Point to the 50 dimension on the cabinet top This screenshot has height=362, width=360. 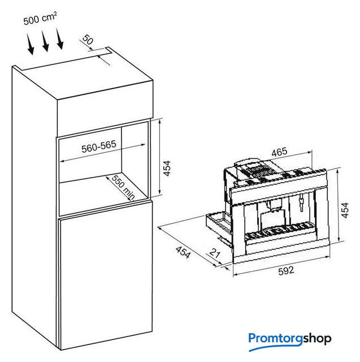pyautogui.click(x=87, y=40)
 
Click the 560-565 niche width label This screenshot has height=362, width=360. pyautogui.click(x=98, y=145)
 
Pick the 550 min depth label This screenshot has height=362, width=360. pyautogui.click(x=123, y=187)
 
